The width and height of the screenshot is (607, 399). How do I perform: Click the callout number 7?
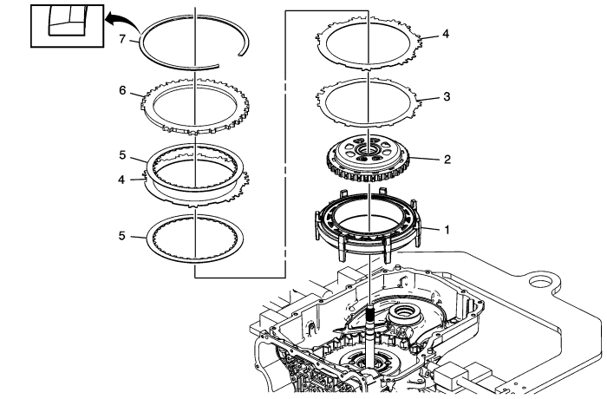pyautogui.click(x=123, y=39)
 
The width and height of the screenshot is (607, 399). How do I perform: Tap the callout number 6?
pyautogui.click(x=123, y=91)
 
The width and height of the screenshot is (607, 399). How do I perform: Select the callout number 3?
pyautogui.click(x=447, y=96)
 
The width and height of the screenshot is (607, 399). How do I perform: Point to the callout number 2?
pyautogui.click(x=447, y=160)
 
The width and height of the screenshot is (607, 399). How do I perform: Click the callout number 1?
pyautogui.click(x=447, y=230)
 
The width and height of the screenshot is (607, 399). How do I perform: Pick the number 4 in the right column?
pyautogui.click(x=446, y=34)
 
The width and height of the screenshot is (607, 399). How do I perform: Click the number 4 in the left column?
pyautogui.click(x=122, y=180)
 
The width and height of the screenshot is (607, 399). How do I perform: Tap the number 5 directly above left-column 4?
pyautogui.click(x=122, y=155)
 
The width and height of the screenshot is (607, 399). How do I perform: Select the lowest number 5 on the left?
pyautogui.click(x=122, y=236)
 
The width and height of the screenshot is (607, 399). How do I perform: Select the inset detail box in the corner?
pyautogui.click(x=67, y=26)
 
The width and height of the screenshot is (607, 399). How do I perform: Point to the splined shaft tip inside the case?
pyautogui.click(x=369, y=310)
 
